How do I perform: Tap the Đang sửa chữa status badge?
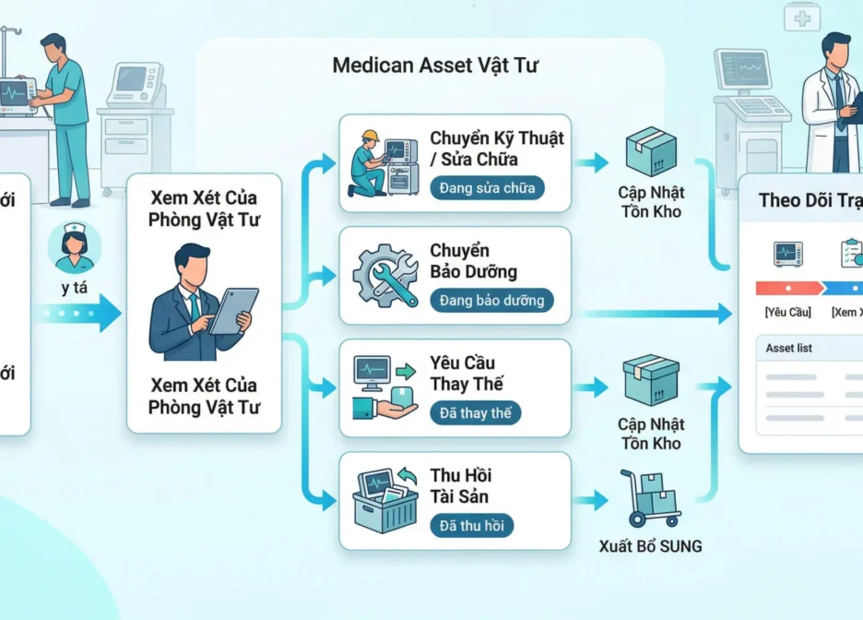click(487, 187)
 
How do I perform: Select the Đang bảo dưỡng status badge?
click(491, 300)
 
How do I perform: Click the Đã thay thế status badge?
click(475, 412)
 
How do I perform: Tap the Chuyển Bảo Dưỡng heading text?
click(473, 261)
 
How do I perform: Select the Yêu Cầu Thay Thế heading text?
click(467, 374)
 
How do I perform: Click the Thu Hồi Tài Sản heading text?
click(460, 486)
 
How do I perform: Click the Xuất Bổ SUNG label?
click(649, 546)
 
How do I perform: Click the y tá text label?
click(77, 288)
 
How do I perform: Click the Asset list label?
click(790, 348)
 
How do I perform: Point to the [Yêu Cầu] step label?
click(787, 312)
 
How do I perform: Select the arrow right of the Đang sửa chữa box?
click(591, 163)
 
